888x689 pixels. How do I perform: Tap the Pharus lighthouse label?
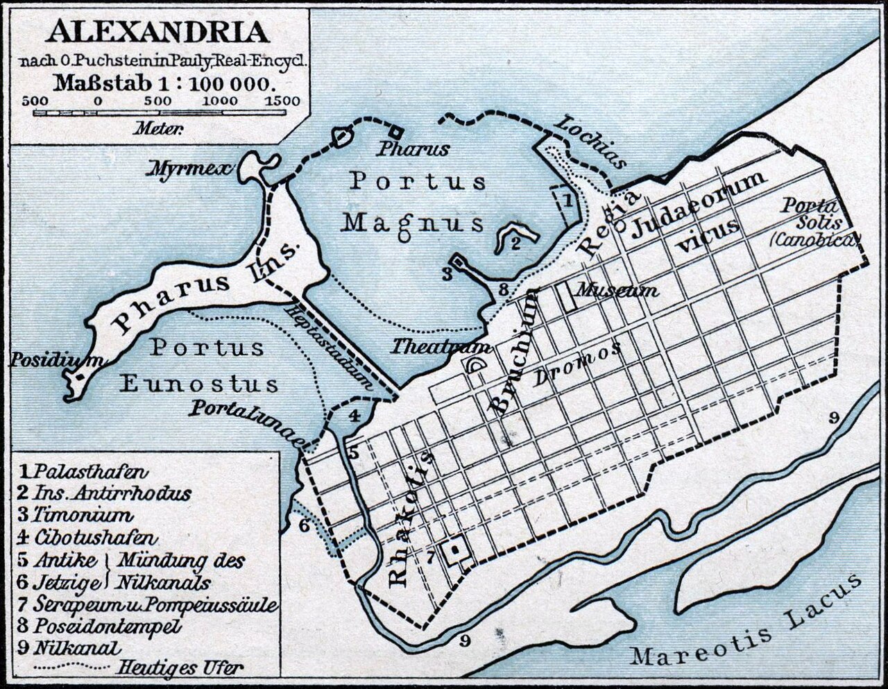(x=413, y=148)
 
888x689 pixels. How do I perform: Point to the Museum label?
(x=617, y=290)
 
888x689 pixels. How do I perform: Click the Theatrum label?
(x=441, y=346)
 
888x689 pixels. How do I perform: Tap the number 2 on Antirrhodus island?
(x=515, y=243)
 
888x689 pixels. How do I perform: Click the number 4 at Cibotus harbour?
(x=354, y=416)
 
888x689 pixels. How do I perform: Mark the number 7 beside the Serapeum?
(x=431, y=555)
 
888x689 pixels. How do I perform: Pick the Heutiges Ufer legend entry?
(x=180, y=668)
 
